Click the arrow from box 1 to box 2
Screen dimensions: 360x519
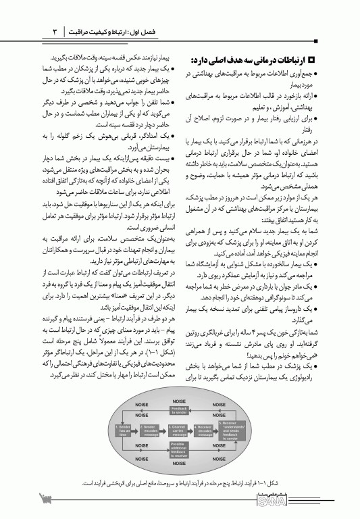point(137,430)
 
